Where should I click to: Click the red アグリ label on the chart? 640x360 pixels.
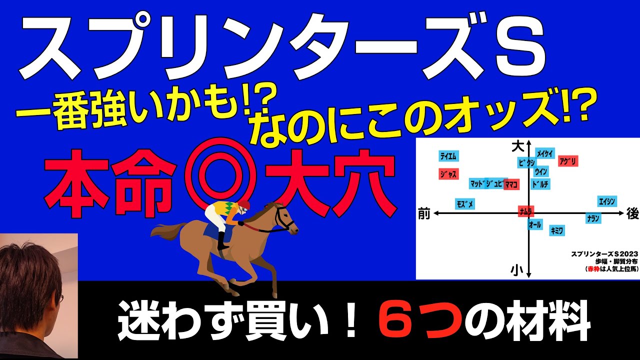pyautogui.click(x=568, y=161)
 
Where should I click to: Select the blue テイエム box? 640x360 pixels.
pyautogui.click(x=448, y=156)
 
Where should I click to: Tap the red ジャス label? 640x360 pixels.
pyautogui.click(x=448, y=174)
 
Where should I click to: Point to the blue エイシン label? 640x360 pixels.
pyautogui.click(x=607, y=201)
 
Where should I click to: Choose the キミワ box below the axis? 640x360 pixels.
pyautogui.click(x=557, y=230)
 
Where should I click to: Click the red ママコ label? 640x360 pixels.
pyautogui.click(x=511, y=184)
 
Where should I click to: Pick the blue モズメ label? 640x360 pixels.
pyautogui.click(x=464, y=204)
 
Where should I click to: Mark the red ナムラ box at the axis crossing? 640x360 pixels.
pyautogui.click(x=525, y=211)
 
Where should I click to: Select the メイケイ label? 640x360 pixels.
pyautogui.click(x=544, y=153)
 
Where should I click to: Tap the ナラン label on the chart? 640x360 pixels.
pyautogui.click(x=593, y=218)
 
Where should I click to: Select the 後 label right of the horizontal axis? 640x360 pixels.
pyautogui.click(x=632, y=213)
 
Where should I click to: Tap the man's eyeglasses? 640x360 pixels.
pyautogui.click(x=59, y=299)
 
